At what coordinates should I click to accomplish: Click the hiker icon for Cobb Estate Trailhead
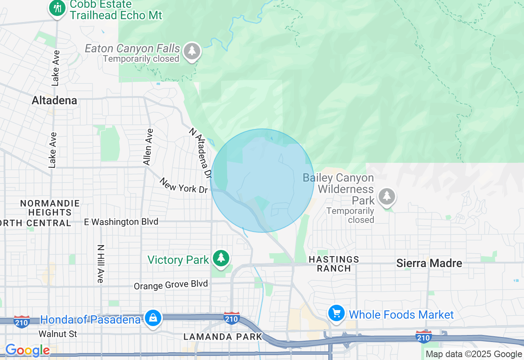(x=57, y=8)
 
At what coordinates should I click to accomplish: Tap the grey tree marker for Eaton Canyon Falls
(x=192, y=51)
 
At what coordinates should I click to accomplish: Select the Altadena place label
(x=54, y=101)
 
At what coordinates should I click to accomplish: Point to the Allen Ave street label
(x=148, y=147)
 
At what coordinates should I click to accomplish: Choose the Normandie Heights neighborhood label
(x=50, y=208)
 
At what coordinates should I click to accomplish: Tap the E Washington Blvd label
(x=121, y=222)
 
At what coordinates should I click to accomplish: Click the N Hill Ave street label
(x=100, y=263)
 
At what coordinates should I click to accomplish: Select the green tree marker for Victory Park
(x=221, y=258)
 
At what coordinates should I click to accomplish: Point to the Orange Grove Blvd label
(x=171, y=285)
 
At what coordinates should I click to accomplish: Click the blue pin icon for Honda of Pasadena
(x=153, y=318)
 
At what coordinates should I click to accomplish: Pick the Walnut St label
(x=58, y=334)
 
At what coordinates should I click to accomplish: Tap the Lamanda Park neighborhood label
(x=223, y=337)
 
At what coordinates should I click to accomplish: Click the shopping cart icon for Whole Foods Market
(x=337, y=314)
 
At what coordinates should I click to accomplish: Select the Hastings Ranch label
(x=334, y=264)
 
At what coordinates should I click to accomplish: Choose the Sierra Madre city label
(x=429, y=263)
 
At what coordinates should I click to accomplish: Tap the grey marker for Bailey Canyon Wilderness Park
(x=386, y=197)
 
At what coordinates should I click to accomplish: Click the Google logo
(x=27, y=351)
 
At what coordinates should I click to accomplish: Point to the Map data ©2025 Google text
(x=474, y=354)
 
